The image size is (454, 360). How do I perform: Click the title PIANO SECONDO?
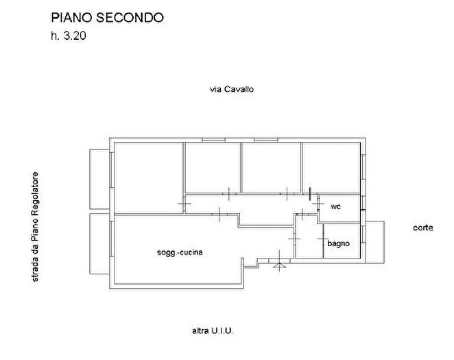pyautogui.click(x=107, y=17)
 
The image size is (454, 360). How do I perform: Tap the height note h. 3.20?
pyautogui.click(x=69, y=36)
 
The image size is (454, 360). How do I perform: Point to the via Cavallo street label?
pyautogui.click(x=232, y=89)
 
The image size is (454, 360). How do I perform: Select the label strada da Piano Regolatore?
pyautogui.click(x=35, y=226)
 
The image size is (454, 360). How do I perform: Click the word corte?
pyautogui.click(x=423, y=228)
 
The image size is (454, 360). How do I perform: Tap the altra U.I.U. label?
pyautogui.click(x=213, y=331)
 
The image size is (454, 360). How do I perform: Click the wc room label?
pyautogui.click(x=336, y=206)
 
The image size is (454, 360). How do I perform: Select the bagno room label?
pyautogui.click(x=338, y=243)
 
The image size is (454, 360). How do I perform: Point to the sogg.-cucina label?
pyautogui.click(x=180, y=252)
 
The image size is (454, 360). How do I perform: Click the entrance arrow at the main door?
pyautogui.click(x=279, y=265)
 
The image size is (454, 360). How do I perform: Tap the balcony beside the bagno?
pyautogui.click(x=375, y=242)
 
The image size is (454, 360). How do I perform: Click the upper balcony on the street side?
pyautogui.click(x=99, y=179)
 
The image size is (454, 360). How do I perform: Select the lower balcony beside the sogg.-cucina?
pyautogui.click(x=99, y=243)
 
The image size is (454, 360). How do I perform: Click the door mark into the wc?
pyautogui.click(x=318, y=204)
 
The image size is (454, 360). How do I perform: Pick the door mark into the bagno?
pyautogui.click(x=323, y=239)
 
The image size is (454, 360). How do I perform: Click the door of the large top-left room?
pyautogui.click(x=184, y=204)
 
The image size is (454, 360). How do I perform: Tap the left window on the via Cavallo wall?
pyautogui.click(x=213, y=140)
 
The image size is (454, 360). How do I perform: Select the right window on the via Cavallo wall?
pyautogui.click(x=266, y=140)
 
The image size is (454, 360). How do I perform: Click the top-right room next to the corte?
pyautogui.click(x=331, y=167)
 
